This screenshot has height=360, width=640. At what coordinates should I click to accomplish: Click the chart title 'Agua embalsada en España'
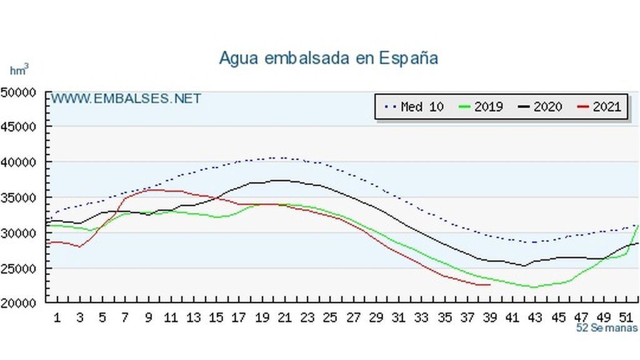(328, 58)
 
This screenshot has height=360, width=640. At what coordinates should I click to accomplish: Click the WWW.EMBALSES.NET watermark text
(126, 99)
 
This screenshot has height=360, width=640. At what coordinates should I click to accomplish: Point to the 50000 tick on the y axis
(18, 92)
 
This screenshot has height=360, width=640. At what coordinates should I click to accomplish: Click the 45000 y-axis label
(18, 126)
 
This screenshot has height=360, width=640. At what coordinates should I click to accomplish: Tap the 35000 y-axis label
(18, 197)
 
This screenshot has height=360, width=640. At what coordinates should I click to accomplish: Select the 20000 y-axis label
(18, 304)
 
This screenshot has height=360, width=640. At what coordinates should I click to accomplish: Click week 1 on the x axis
(57, 317)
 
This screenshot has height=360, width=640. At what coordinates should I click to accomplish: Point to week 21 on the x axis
(284, 317)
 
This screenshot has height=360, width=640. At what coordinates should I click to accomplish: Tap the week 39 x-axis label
(489, 317)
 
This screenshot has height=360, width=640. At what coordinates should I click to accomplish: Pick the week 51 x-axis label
(626, 317)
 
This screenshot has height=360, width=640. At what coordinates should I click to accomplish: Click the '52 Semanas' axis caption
(607, 327)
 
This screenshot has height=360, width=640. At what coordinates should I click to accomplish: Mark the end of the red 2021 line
(489, 285)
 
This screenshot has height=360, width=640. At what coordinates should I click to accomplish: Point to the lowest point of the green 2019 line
(533, 287)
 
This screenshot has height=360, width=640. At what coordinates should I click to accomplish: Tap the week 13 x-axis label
(194, 317)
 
